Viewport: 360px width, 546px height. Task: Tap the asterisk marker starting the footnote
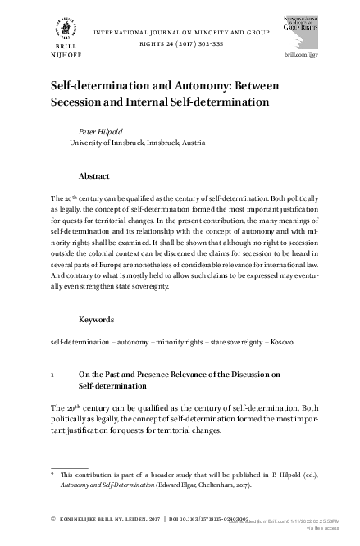pos(52,473)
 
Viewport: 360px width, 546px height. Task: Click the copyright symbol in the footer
pos(52,519)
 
